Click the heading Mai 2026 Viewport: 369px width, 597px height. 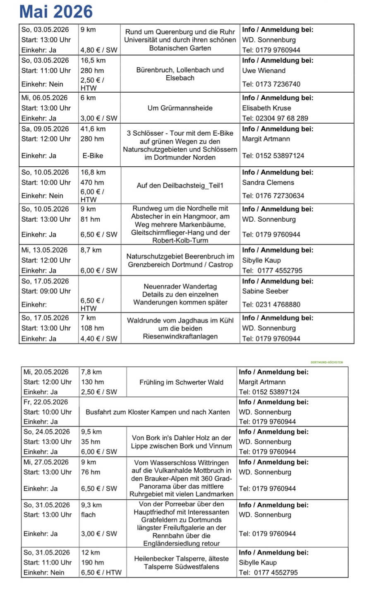coord(56,12)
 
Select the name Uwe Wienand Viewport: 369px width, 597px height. coord(264,70)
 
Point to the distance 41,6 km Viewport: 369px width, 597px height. coord(93,129)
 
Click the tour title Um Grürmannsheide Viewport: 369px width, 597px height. coord(180,108)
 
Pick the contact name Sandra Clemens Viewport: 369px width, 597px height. coord(268,182)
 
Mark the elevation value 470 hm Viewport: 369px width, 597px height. coord(92,182)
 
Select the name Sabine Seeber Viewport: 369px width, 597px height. coord(265,291)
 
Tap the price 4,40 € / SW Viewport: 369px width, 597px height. coord(99,338)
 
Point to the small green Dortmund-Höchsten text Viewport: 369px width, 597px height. coord(326,362)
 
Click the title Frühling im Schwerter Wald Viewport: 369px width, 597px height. coord(181,382)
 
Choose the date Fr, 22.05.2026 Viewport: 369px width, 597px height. coord(46,402)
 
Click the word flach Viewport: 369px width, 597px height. coord(88,515)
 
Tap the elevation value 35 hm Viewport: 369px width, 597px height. coord(90,441)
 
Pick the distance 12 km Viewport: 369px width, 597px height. coord(90,552)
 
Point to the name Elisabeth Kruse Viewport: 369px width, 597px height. coord(266,108)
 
